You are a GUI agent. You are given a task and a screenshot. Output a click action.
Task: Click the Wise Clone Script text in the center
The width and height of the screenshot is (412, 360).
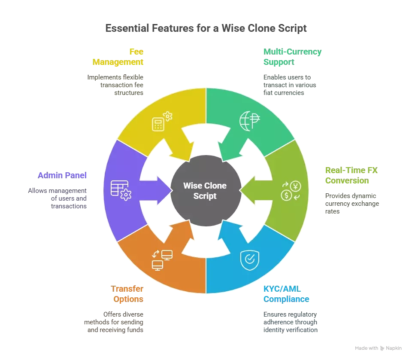pyautogui.click(x=205, y=191)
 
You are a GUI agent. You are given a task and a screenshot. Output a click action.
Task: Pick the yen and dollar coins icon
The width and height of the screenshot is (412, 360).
pyautogui.click(x=291, y=191)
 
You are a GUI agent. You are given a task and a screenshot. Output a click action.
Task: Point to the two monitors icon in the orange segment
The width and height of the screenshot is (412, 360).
pyautogui.click(x=162, y=259)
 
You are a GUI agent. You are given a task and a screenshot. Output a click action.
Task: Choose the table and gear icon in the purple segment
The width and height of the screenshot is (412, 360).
pyautogui.click(x=120, y=190)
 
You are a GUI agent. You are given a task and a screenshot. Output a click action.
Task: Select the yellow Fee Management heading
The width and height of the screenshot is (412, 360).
pyautogui.click(x=118, y=57)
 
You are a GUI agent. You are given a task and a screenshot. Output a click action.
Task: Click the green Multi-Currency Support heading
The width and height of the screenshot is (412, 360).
pyautogui.click(x=292, y=57)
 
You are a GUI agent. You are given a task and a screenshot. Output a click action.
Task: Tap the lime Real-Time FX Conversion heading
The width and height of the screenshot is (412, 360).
pyautogui.click(x=352, y=176)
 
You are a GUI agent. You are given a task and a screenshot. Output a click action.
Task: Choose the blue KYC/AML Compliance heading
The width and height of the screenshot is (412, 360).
pyautogui.click(x=287, y=294)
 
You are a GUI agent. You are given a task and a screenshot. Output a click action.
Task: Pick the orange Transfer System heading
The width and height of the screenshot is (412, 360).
pyautogui.click(x=127, y=294)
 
